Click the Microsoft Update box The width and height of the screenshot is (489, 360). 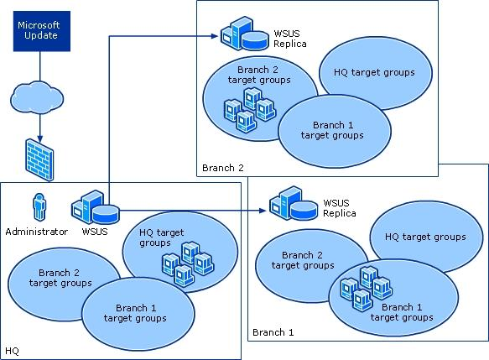[x=42, y=31]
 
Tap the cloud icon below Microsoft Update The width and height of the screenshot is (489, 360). [x=37, y=98]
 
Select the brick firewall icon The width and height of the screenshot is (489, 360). [x=39, y=159]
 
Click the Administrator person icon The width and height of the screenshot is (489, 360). [x=39, y=206]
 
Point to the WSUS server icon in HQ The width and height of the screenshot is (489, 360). [x=95, y=207]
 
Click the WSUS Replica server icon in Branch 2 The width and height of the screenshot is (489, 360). [x=245, y=34]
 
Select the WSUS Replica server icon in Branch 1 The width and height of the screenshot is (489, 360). [x=294, y=203]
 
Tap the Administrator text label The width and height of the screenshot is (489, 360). [x=37, y=232]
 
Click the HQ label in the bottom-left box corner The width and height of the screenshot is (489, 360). [x=13, y=351]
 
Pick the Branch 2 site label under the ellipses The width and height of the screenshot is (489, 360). [x=222, y=168]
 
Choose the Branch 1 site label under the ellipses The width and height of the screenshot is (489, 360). [x=273, y=332]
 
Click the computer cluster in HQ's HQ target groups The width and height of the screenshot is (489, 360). [x=188, y=264]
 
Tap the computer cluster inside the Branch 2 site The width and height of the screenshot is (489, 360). [x=250, y=110]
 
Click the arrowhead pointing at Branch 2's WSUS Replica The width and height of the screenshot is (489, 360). [x=215, y=36]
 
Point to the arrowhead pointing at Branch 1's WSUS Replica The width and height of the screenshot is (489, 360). [x=263, y=211]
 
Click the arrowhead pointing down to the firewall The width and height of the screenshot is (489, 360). [x=40, y=138]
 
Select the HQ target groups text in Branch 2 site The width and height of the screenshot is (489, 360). [x=374, y=72]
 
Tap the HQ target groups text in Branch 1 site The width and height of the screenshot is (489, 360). [x=425, y=237]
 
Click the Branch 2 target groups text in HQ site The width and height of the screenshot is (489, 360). [x=60, y=278]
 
